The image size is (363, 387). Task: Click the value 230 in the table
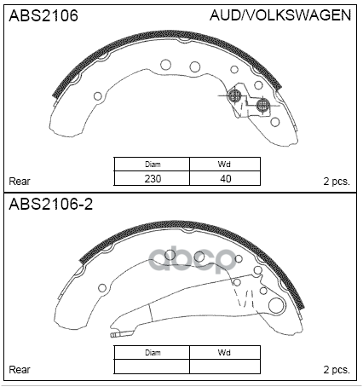(153, 179)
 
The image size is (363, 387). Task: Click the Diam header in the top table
(153, 165)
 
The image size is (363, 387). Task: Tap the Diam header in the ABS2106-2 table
(153, 352)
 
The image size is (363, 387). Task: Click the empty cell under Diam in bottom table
(153, 367)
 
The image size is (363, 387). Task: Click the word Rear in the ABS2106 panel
(20, 181)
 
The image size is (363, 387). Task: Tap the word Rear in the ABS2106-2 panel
(20, 369)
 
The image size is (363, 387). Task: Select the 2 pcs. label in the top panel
(336, 181)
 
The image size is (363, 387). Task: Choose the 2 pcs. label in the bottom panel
(336, 369)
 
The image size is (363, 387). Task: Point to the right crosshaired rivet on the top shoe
(262, 104)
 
